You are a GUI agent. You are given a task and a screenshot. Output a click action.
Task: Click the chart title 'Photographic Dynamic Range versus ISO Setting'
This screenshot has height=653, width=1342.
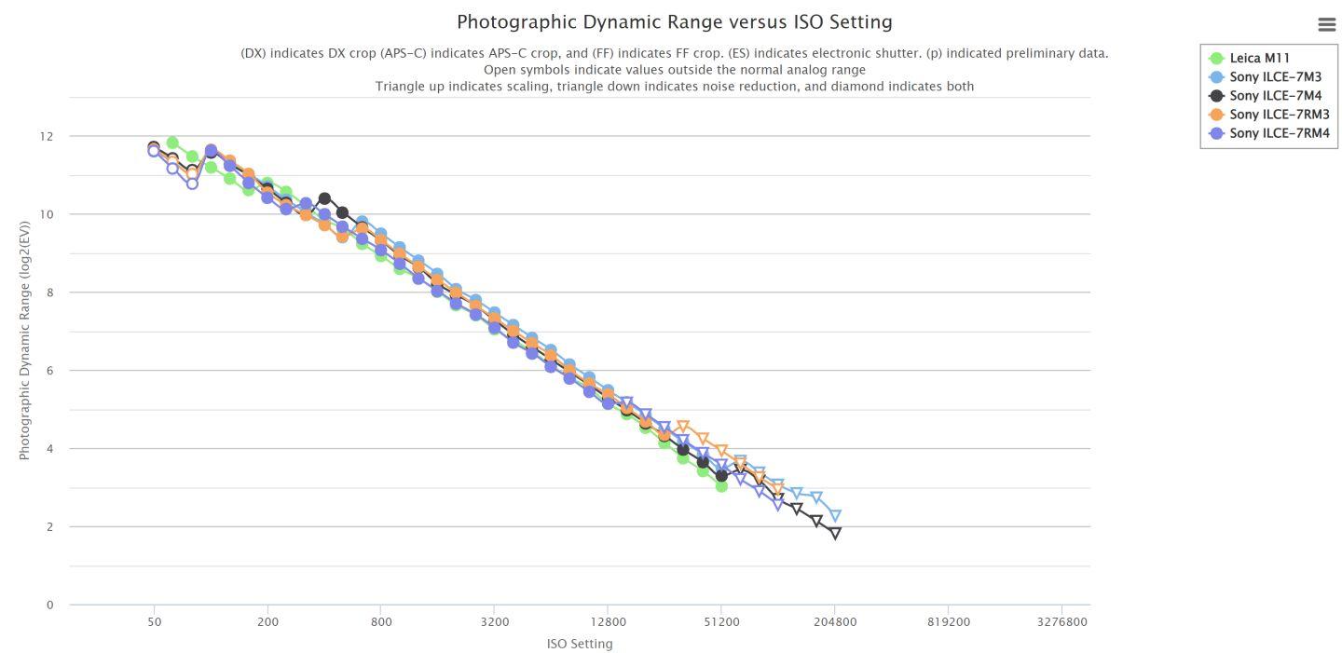coord(674,21)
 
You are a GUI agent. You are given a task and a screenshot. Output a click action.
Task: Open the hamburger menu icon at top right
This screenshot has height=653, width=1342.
coord(1326,25)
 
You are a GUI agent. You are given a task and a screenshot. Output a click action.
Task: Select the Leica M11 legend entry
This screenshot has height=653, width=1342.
coord(1259,59)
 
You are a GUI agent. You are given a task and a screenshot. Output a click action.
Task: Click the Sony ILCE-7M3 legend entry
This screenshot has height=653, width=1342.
coord(1275,77)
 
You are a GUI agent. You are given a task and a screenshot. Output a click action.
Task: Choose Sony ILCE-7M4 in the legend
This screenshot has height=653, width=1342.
coord(1275,96)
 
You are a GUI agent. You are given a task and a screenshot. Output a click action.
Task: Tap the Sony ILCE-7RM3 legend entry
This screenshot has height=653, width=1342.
coord(1279,115)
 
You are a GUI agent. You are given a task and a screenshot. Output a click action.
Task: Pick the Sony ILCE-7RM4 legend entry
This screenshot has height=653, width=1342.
coord(1279,133)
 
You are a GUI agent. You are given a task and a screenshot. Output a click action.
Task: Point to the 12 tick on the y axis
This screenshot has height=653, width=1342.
coord(46,137)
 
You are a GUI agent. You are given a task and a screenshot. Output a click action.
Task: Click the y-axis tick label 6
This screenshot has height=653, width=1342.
coord(49,371)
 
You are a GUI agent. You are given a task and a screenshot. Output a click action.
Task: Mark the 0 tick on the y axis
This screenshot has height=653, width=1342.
coord(49,605)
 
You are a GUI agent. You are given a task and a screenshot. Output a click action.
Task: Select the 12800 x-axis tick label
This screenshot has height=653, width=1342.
coord(608,622)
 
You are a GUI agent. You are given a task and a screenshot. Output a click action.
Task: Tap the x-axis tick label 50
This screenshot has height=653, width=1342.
coord(154,622)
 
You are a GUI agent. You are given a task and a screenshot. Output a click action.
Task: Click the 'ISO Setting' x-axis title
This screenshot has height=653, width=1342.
coord(579,644)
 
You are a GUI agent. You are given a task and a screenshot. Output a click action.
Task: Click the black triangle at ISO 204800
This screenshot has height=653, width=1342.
coord(835,534)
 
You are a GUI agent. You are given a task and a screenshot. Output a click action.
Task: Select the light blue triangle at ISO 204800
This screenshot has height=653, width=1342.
coord(835,515)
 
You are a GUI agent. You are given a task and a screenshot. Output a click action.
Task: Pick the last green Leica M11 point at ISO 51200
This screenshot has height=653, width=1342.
coord(721,486)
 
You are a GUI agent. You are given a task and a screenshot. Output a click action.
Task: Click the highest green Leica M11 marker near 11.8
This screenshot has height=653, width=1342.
coord(172,143)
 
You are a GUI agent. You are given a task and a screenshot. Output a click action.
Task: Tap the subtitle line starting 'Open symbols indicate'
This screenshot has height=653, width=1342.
coord(674,70)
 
